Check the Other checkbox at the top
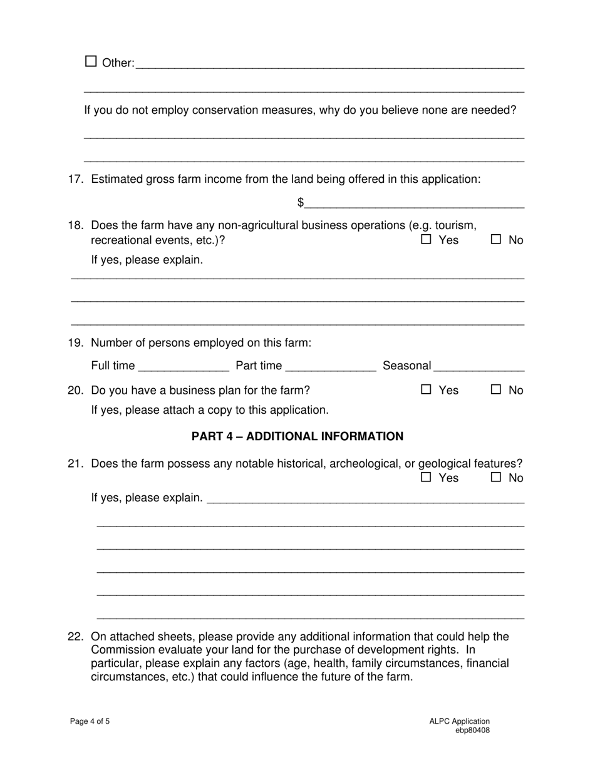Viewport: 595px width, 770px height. (91, 61)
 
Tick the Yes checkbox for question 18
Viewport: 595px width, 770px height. (427, 239)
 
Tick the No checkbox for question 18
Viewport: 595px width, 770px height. (496, 239)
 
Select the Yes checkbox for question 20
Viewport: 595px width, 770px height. (427, 389)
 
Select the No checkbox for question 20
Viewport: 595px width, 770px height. (496, 389)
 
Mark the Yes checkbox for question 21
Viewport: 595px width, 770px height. (427, 477)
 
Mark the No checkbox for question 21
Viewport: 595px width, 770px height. (496, 477)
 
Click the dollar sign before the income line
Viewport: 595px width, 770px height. (301, 202)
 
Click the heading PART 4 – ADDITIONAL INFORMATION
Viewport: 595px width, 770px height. (297, 436)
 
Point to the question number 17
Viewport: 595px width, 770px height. (75, 180)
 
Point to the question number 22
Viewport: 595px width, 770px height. (75, 637)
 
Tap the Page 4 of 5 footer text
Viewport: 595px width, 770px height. (90, 721)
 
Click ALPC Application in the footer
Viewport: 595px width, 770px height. (459, 721)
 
